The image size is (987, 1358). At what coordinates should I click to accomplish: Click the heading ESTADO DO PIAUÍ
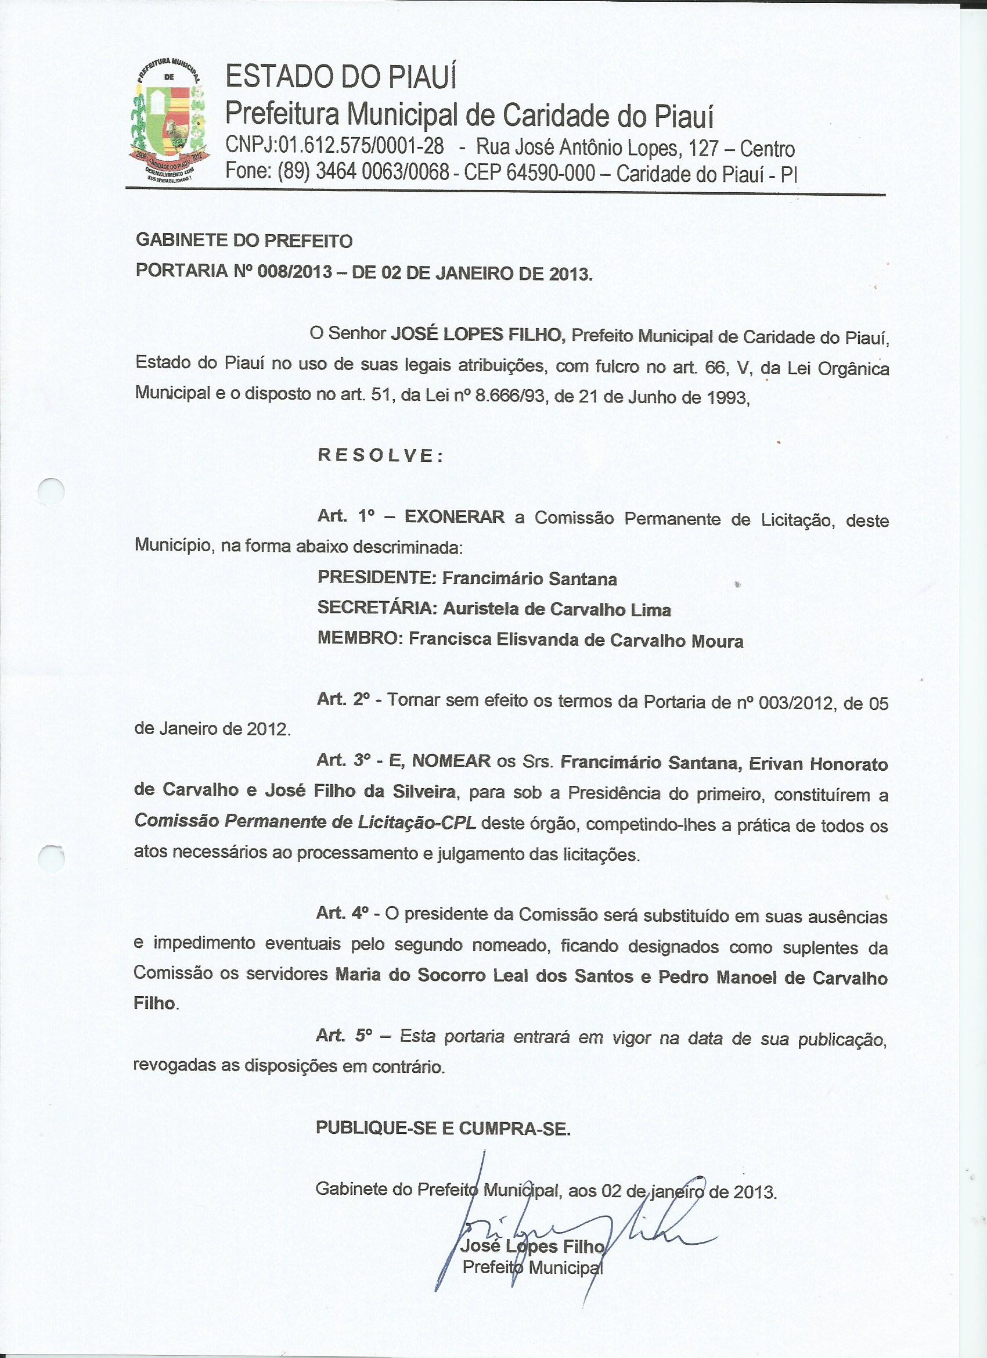pyautogui.click(x=341, y=77)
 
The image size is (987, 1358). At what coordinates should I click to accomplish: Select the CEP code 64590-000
pyautogui.click(x=550, y=173)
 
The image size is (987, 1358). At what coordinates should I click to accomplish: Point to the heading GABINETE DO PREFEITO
pyautogui.click(x=244, y=240)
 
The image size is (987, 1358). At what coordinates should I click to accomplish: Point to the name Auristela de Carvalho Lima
pyautogui.click(x=557, y=609)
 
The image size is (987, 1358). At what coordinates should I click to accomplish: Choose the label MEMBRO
pyautogui.click(x=358, y=640)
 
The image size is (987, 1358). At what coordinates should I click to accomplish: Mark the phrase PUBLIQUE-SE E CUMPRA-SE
pyautogui.click(x=443, y=1128)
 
